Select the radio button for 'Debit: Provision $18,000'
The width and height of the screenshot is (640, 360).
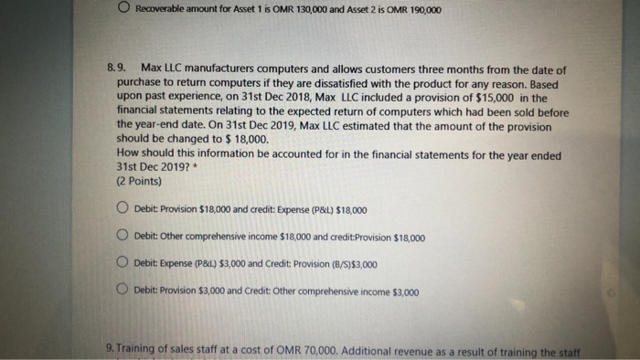(x=123, y=209)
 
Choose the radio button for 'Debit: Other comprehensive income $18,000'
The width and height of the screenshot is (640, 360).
(x=123, y=237)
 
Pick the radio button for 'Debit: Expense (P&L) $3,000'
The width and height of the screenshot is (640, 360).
(x=123, y=264)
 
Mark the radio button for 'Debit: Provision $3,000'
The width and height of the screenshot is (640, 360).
(x=123, y=292)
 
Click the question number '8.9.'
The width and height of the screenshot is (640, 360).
(x=118, y=69)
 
